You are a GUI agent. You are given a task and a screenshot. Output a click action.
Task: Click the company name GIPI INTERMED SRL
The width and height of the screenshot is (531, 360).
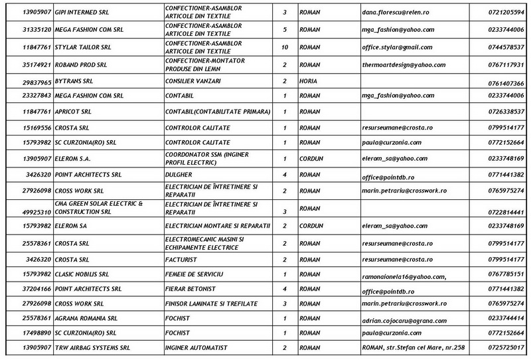point(82,13)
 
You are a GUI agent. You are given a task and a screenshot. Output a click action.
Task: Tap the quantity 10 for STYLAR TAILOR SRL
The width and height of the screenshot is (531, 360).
point(284,47)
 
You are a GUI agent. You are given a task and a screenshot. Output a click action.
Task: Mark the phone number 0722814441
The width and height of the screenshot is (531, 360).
point(506,213)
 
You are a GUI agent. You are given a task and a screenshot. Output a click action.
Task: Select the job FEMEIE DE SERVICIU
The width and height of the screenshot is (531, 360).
point(196,274)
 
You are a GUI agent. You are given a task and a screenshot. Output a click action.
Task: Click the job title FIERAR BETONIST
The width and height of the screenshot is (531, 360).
point(192,290)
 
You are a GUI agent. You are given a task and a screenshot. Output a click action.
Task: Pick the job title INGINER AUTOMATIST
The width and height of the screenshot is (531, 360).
point(195,347)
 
